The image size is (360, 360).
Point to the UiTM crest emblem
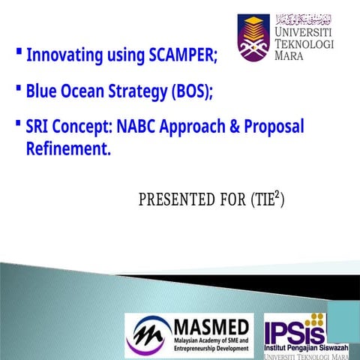point(253,36)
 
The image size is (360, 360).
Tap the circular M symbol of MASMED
point(148,334)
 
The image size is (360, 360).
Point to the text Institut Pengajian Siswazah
point(306,349)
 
